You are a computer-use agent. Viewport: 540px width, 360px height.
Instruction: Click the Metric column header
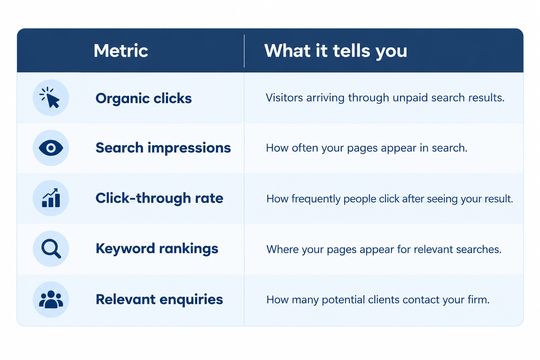(x=121, y=51)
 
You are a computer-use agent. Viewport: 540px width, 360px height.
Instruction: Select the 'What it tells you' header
(x=336, y=51)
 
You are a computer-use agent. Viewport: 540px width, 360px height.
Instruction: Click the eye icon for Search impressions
(x=51, y=148)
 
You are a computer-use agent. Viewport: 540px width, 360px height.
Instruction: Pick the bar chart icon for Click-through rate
(x=51, y=198)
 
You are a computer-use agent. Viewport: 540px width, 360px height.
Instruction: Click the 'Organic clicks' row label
(x=144, y=99)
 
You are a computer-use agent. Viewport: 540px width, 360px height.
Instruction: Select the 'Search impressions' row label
(x=163, y=148)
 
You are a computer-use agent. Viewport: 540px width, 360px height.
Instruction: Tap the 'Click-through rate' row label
(x=159, y=198)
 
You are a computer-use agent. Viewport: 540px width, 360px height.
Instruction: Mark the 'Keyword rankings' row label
(x=157, y=249)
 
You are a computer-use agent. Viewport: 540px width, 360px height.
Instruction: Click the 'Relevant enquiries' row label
(x=159, y=300)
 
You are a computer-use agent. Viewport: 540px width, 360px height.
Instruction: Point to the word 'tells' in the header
(x=351, y=51)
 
